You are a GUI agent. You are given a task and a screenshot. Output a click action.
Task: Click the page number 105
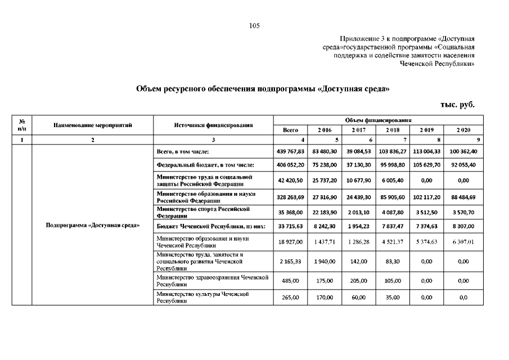[x=254, y=25]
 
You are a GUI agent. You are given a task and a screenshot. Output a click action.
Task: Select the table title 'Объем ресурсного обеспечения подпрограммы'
[x=263, y=88]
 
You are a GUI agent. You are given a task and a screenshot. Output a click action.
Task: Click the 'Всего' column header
[x=290, y=130]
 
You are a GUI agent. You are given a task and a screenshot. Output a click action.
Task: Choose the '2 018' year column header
[x=393, y=130]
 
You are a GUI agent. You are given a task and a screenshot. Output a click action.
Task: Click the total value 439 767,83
[x=291, y=152]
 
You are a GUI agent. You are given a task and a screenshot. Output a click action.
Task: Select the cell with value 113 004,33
[x=427, y=152]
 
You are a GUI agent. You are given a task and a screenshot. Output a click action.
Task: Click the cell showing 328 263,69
[x=291, y=197]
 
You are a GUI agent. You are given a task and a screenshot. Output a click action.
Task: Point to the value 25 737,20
[x=325, y=182]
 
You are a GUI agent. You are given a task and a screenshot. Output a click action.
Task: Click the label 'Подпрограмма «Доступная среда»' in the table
[x=93, y=226]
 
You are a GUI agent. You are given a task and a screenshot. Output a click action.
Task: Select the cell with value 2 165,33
[x=291, y=262]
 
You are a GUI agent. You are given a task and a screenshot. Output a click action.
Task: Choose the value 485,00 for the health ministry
[x=291, y=281]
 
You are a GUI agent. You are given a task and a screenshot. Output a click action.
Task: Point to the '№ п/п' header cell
[x=21, y=125]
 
